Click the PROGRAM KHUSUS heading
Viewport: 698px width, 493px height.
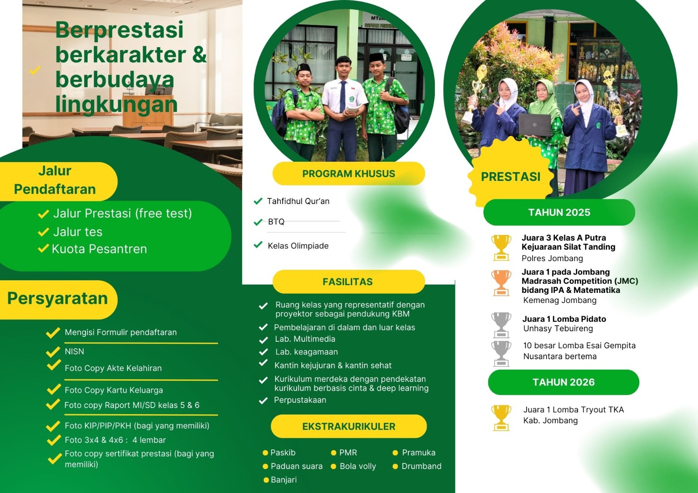pyautogui.click(x=349, y=173)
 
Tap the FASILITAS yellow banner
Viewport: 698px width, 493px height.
pyautogui.click(x=349, y=282)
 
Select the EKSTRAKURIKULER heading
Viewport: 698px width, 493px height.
pyautogui.click(x=349, y=426)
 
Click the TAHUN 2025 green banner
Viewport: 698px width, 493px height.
pyautogui.click(x=559, y=212)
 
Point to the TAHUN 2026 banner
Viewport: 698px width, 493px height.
pyautogui.click(x=563, y=382)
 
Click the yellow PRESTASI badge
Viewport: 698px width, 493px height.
pyautogui.click(x=510, y=176)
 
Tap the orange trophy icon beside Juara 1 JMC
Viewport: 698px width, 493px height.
pyautogui.click(x=501, y=283)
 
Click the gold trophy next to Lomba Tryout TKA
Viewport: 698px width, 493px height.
pyautogui.click(x=501, y=418)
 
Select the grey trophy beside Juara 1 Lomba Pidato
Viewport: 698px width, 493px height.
pyautogui.click(x=501, y=325)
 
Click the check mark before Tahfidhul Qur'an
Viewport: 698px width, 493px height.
pyautogui.click(x=258, y=201)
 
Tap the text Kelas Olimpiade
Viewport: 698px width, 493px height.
pyautogui.click(x=298, y=246)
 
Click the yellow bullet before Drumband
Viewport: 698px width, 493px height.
pyautogui.click(x=395, y=466)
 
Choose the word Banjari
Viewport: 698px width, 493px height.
pyautogui.click(x=284, y=479)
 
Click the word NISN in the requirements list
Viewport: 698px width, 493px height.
pyautogui.click(x=75, y=351)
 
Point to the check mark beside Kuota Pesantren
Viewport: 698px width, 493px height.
pyautogui.click(x=43, y=248)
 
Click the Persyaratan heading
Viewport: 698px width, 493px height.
pyautogui.click(x=57, y=298)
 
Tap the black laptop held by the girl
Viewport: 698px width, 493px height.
pyautogui.click(x=535, y=125)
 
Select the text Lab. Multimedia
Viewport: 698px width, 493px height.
pyautogui.click(x=305, y=339)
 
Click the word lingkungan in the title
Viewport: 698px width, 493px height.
pyautogui.click(x=116, y=104)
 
